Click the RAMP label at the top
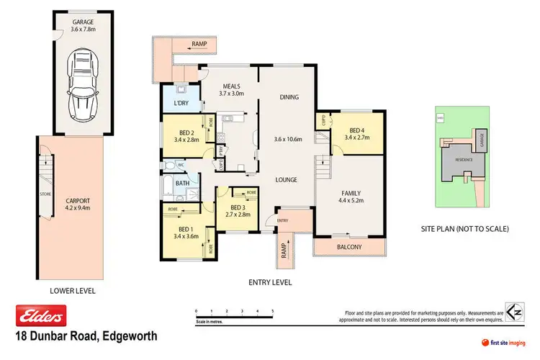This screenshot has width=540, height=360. (x=199, y=45)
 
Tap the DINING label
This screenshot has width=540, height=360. (x=289, y=97)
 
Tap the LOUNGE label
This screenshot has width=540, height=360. (x=286, y=179)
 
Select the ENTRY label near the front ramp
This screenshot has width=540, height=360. (x=282, y=220)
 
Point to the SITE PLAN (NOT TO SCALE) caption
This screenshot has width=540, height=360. (x=464, y=229)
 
